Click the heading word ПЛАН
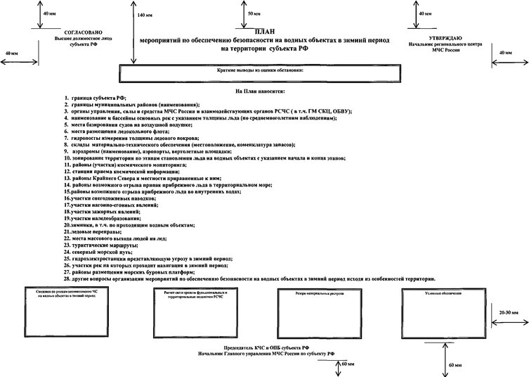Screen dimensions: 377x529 tap(263, 32)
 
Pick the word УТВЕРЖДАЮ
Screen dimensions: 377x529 tap(444, 38)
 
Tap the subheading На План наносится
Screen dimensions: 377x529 tap(260, 91)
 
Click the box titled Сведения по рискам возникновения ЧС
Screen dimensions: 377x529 tap(67, 309)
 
